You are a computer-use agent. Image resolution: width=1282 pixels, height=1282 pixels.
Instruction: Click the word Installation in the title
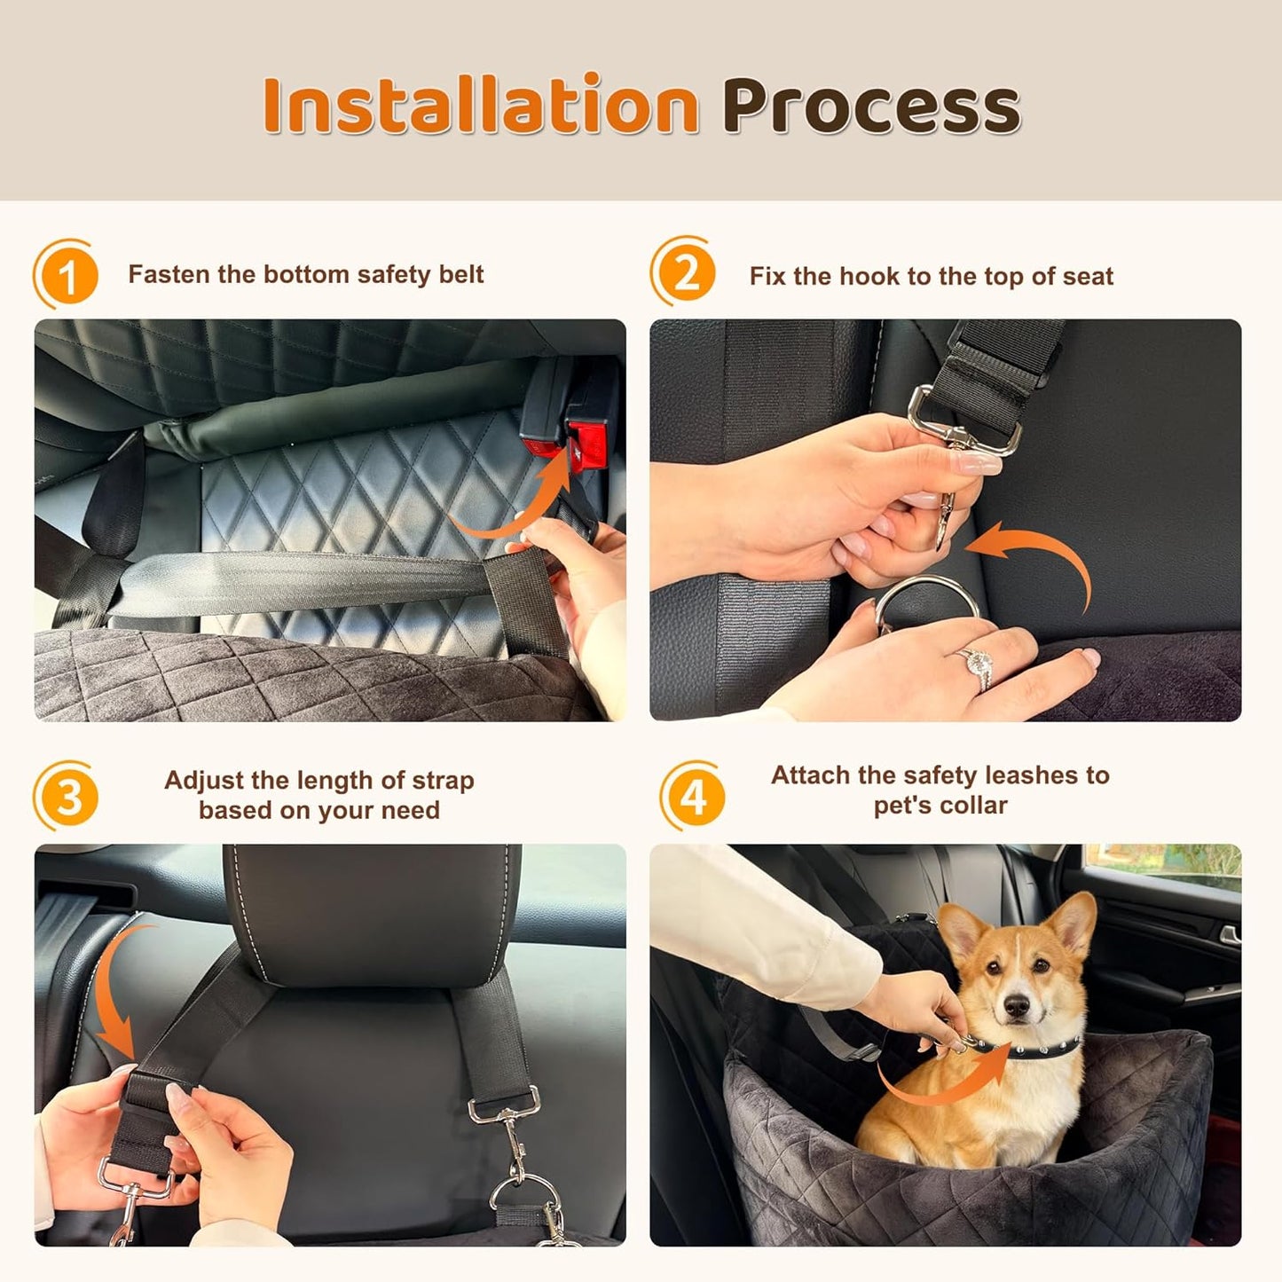click(x=480, y=106)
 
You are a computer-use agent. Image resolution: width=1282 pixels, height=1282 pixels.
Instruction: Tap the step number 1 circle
click(x=67, y=276)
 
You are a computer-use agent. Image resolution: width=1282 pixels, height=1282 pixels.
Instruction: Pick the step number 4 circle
click(x=694, y=797)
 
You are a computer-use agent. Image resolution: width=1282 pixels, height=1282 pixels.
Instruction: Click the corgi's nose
click(x=1016, y=1006)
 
